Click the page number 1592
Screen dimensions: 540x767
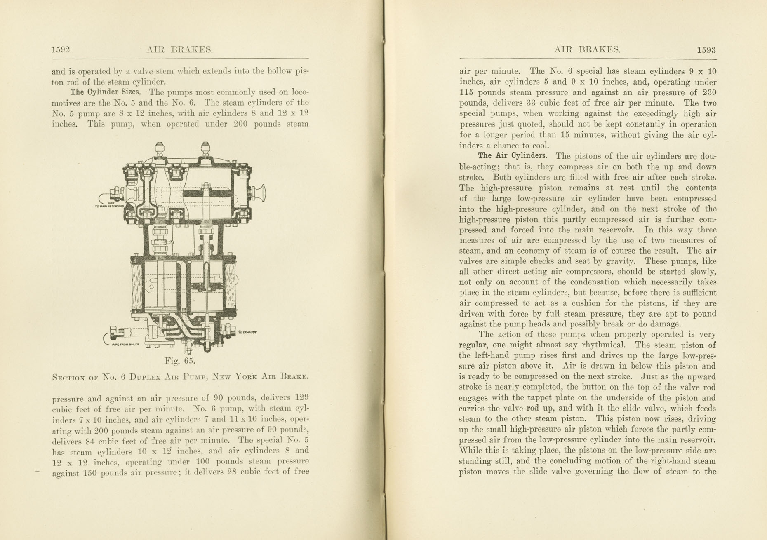tap(61, 50)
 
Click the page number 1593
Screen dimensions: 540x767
tap(706, 50)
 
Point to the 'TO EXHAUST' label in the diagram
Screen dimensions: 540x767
tap(248, 332)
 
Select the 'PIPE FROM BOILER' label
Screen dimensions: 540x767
tap(126, 345)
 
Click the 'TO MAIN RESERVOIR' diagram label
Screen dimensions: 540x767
tap(110, 205)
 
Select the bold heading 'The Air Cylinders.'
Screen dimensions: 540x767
tap(513, 156)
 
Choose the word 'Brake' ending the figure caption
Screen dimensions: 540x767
tap(294, 376)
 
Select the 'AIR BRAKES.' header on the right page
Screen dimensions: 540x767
tap(587, 50)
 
